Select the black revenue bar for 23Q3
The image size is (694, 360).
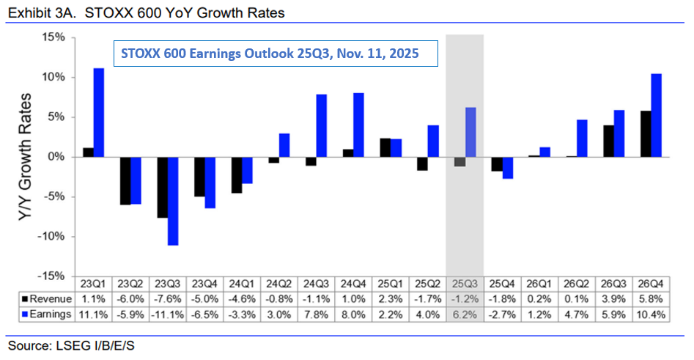pos(162,187)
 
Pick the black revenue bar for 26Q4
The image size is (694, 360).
pos(646,133)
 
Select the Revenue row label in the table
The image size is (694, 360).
pos(47,299)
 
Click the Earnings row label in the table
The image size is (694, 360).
pos(47,315)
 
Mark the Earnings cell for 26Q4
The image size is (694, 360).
pos(651,315)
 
